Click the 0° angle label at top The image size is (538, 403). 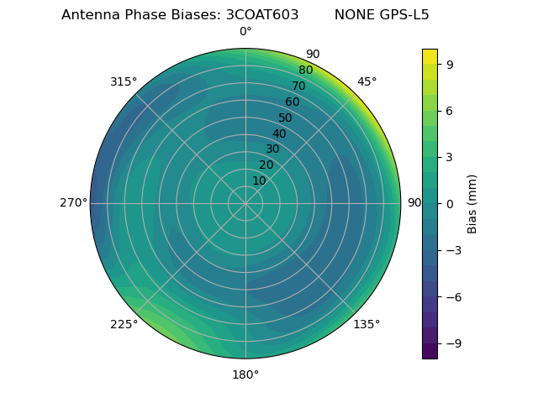point(245,32)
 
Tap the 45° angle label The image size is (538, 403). point(367,81)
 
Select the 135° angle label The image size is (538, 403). point(367,324)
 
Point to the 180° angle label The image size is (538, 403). point(245,374)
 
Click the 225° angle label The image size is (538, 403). point(124,324)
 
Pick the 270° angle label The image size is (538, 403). point(73,202)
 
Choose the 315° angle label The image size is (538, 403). point(124,81)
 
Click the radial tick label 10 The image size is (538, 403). point(259,181)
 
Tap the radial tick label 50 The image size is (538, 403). point(286,118)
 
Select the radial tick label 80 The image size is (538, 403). point(306,71)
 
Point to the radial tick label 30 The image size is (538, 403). point(272,149)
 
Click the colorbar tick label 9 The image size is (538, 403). point(450,64)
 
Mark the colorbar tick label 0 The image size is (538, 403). point(450,203)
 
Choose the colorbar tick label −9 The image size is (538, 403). point(453,343)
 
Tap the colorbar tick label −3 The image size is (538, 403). point(453,250)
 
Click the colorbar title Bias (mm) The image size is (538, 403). point(472,203)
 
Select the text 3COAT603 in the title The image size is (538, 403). point(262,15)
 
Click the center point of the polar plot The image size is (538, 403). point(245,203)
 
